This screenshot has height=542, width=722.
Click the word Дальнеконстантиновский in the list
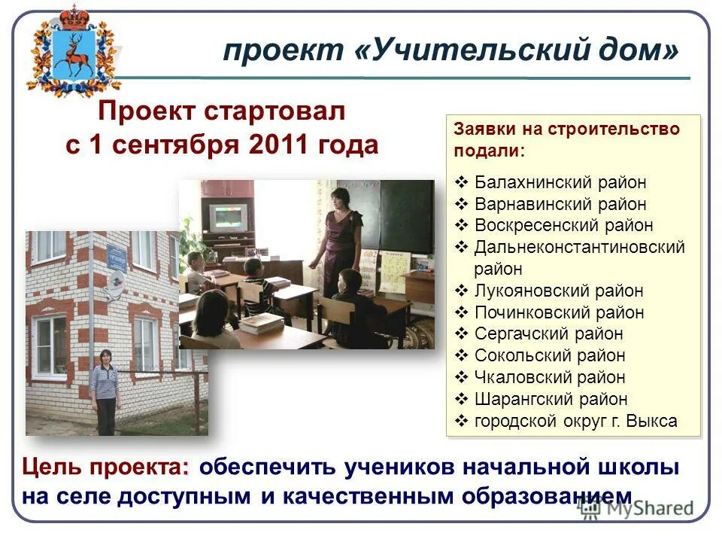click(x=579, y=247)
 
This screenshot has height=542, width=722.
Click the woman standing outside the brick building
click(x=105, y=391)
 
